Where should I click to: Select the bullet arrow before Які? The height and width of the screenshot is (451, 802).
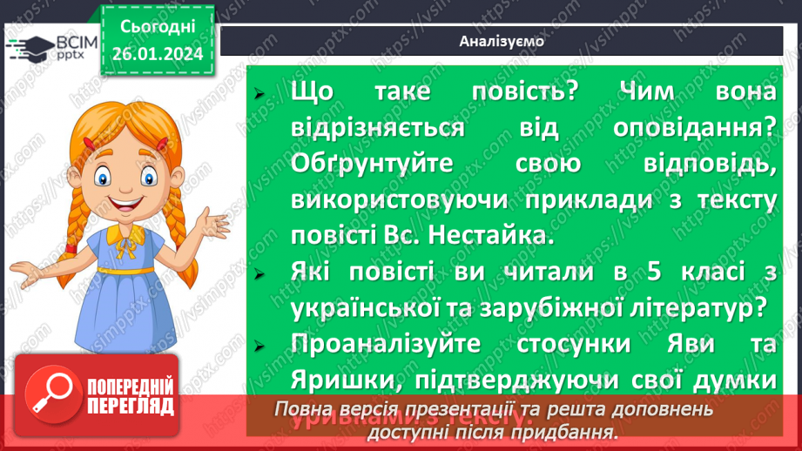point(258,272)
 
